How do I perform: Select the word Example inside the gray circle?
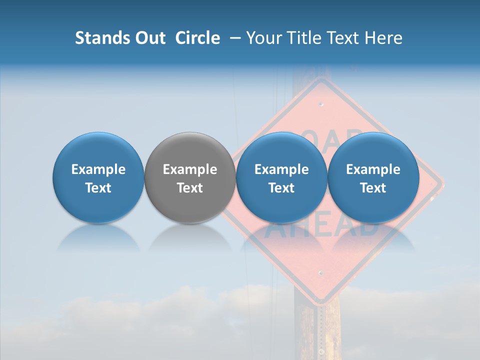coord(190,169)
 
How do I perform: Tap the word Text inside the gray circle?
coord(190,188)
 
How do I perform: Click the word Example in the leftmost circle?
coord(98,169)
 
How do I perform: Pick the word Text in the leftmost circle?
coord(98,188)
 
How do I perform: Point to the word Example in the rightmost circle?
coord(373,169)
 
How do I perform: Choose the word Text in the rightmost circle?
coord(373,188)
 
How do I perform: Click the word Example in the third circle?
coord(281,169)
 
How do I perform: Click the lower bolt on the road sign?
coord(320,273)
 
